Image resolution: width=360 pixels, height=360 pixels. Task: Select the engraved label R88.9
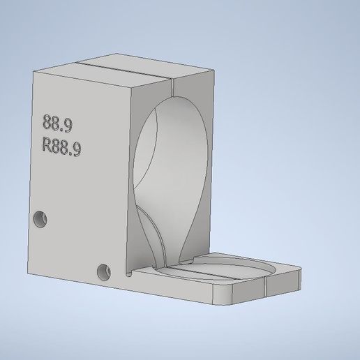61,147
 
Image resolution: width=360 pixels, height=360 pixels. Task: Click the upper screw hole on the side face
40,218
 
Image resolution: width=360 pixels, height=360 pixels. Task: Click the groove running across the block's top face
122,69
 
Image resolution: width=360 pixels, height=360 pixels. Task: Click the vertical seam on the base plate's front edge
266,289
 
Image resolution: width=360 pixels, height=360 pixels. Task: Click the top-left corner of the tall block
33,73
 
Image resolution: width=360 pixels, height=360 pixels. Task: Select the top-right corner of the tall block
213,70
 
